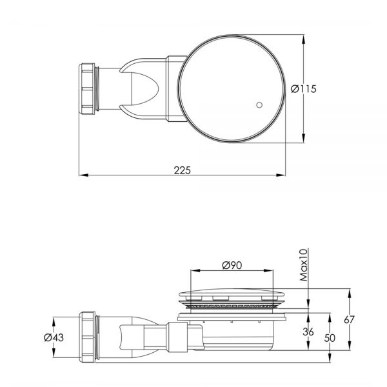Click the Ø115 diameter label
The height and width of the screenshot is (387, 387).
pos(303,89)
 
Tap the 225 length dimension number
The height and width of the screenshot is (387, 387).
pos(183,170)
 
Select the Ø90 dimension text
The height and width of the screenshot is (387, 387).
pos(232,265)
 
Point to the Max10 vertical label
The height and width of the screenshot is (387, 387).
pos(304,265)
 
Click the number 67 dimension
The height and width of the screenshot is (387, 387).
pos(349,320)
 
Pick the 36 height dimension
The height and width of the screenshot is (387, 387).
pos(308,332)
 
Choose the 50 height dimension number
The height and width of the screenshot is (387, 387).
pos(330,338)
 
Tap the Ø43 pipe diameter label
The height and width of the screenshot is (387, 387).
pos(54,337)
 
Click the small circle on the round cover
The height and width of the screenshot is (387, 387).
pos(259,105)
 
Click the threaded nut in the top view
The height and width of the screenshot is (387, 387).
pos(87,89)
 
